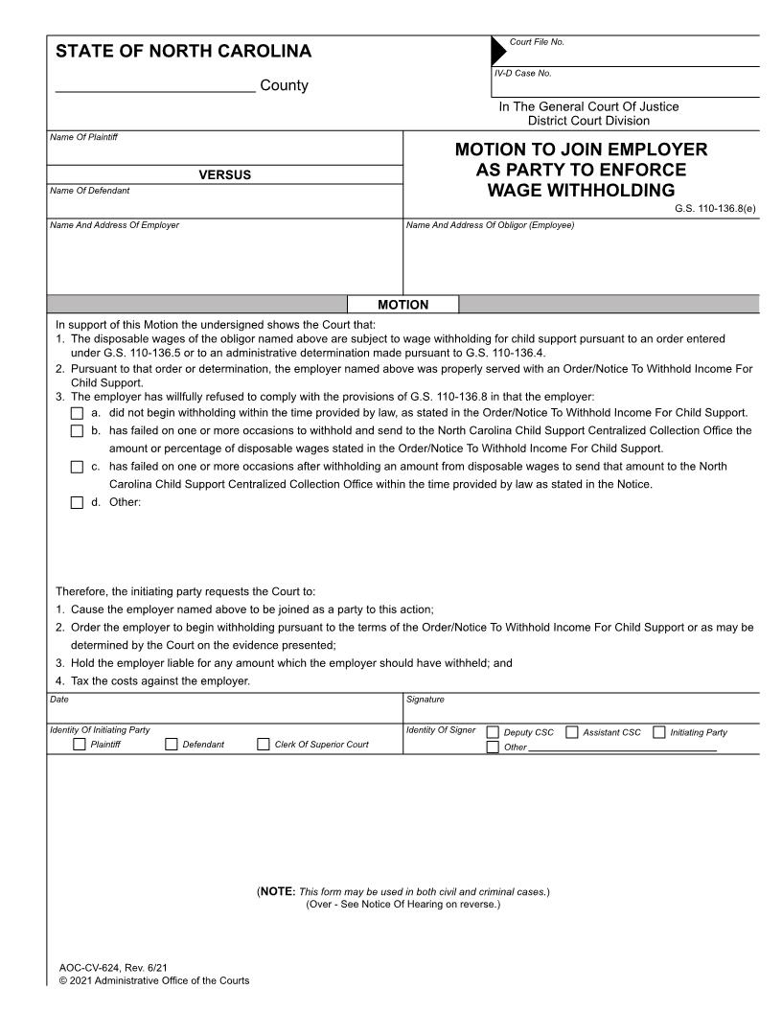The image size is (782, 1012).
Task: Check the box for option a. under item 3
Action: click(x=78, y=413)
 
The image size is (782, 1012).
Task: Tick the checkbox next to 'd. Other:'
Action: click(x=78, y=503)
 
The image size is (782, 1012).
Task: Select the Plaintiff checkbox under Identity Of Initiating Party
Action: click(x=80, y=745)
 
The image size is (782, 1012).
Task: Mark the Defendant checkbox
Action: click(x=172, y=745)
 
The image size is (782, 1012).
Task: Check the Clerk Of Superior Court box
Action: click(x=263, y=745)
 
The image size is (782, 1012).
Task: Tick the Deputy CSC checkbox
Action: click(x=493, y=733)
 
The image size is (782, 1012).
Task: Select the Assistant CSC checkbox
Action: click(x=572, y=733)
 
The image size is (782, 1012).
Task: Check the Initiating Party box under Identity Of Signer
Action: click(x=659, y=733)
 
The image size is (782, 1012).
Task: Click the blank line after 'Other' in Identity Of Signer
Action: click(x=623, y=747)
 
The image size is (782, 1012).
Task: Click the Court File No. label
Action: click(x=537, y=42)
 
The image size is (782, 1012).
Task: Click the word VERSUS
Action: click(x=224, y=174)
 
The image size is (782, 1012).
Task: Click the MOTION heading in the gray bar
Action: click(x=403, y=305)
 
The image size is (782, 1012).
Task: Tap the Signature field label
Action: click(x=425, y=700)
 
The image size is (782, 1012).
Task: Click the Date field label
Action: click(x=58, y=700)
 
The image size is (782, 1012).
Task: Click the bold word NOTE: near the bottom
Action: click(x=277, y=891)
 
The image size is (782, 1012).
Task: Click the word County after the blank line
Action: click(x=285, y=86)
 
